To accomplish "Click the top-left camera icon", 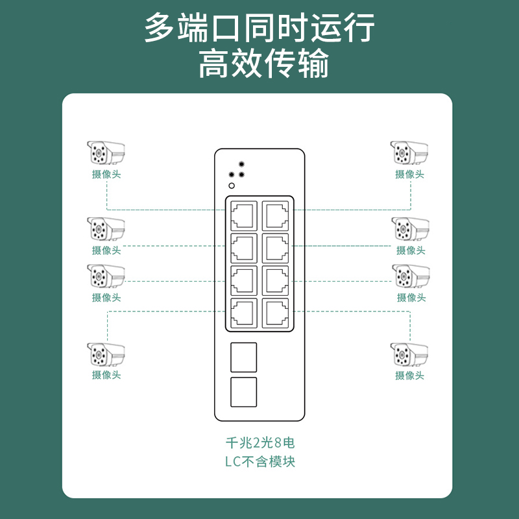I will [x=106, y=153].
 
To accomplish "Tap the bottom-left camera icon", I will [x=106, y=355].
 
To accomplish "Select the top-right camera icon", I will [x=409, y=153].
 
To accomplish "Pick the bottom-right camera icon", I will [x=409, y=355].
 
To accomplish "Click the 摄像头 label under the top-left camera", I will [x=106, y=175].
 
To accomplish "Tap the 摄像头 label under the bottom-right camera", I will [x=410, y=376].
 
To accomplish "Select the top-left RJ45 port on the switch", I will [x=243, y=215].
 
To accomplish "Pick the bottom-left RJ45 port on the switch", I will [x=243, y=312].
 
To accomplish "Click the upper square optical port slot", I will [x=244, y=357].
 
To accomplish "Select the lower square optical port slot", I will [x=244, y=392].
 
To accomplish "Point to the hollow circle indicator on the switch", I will [x=232, y=186].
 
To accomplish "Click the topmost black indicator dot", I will [x=241, y=164].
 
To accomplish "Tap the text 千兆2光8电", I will [x=259, y=444].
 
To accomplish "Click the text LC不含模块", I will [x=259, y=462].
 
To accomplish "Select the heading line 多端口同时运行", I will [x=259, y=29].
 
